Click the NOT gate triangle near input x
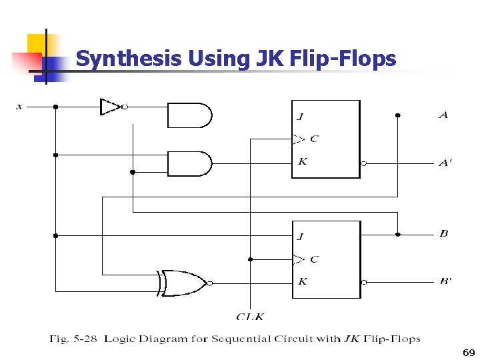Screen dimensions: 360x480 [109, 107]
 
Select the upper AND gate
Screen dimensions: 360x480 [189, 115]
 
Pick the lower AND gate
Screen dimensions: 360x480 [189, 163]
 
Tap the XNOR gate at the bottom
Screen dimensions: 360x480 [183, 283]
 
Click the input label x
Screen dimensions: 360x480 [19, 106]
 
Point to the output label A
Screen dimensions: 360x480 [443, 115]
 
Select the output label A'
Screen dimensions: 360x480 [445, 163]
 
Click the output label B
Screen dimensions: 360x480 [443, 233]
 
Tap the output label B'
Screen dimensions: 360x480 [445, 281]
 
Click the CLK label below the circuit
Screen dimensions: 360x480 [250, 317]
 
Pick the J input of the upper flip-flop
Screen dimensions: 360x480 [300, 117]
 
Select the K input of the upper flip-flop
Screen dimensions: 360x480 [302, 161]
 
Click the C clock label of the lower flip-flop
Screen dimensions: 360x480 [314, 259]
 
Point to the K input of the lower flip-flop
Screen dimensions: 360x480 [302, 281]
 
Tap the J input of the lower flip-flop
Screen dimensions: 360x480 [300, 236]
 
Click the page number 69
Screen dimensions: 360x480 [468, 351]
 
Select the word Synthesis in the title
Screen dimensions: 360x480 [129, 59]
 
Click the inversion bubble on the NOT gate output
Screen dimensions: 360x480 [125, 107]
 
